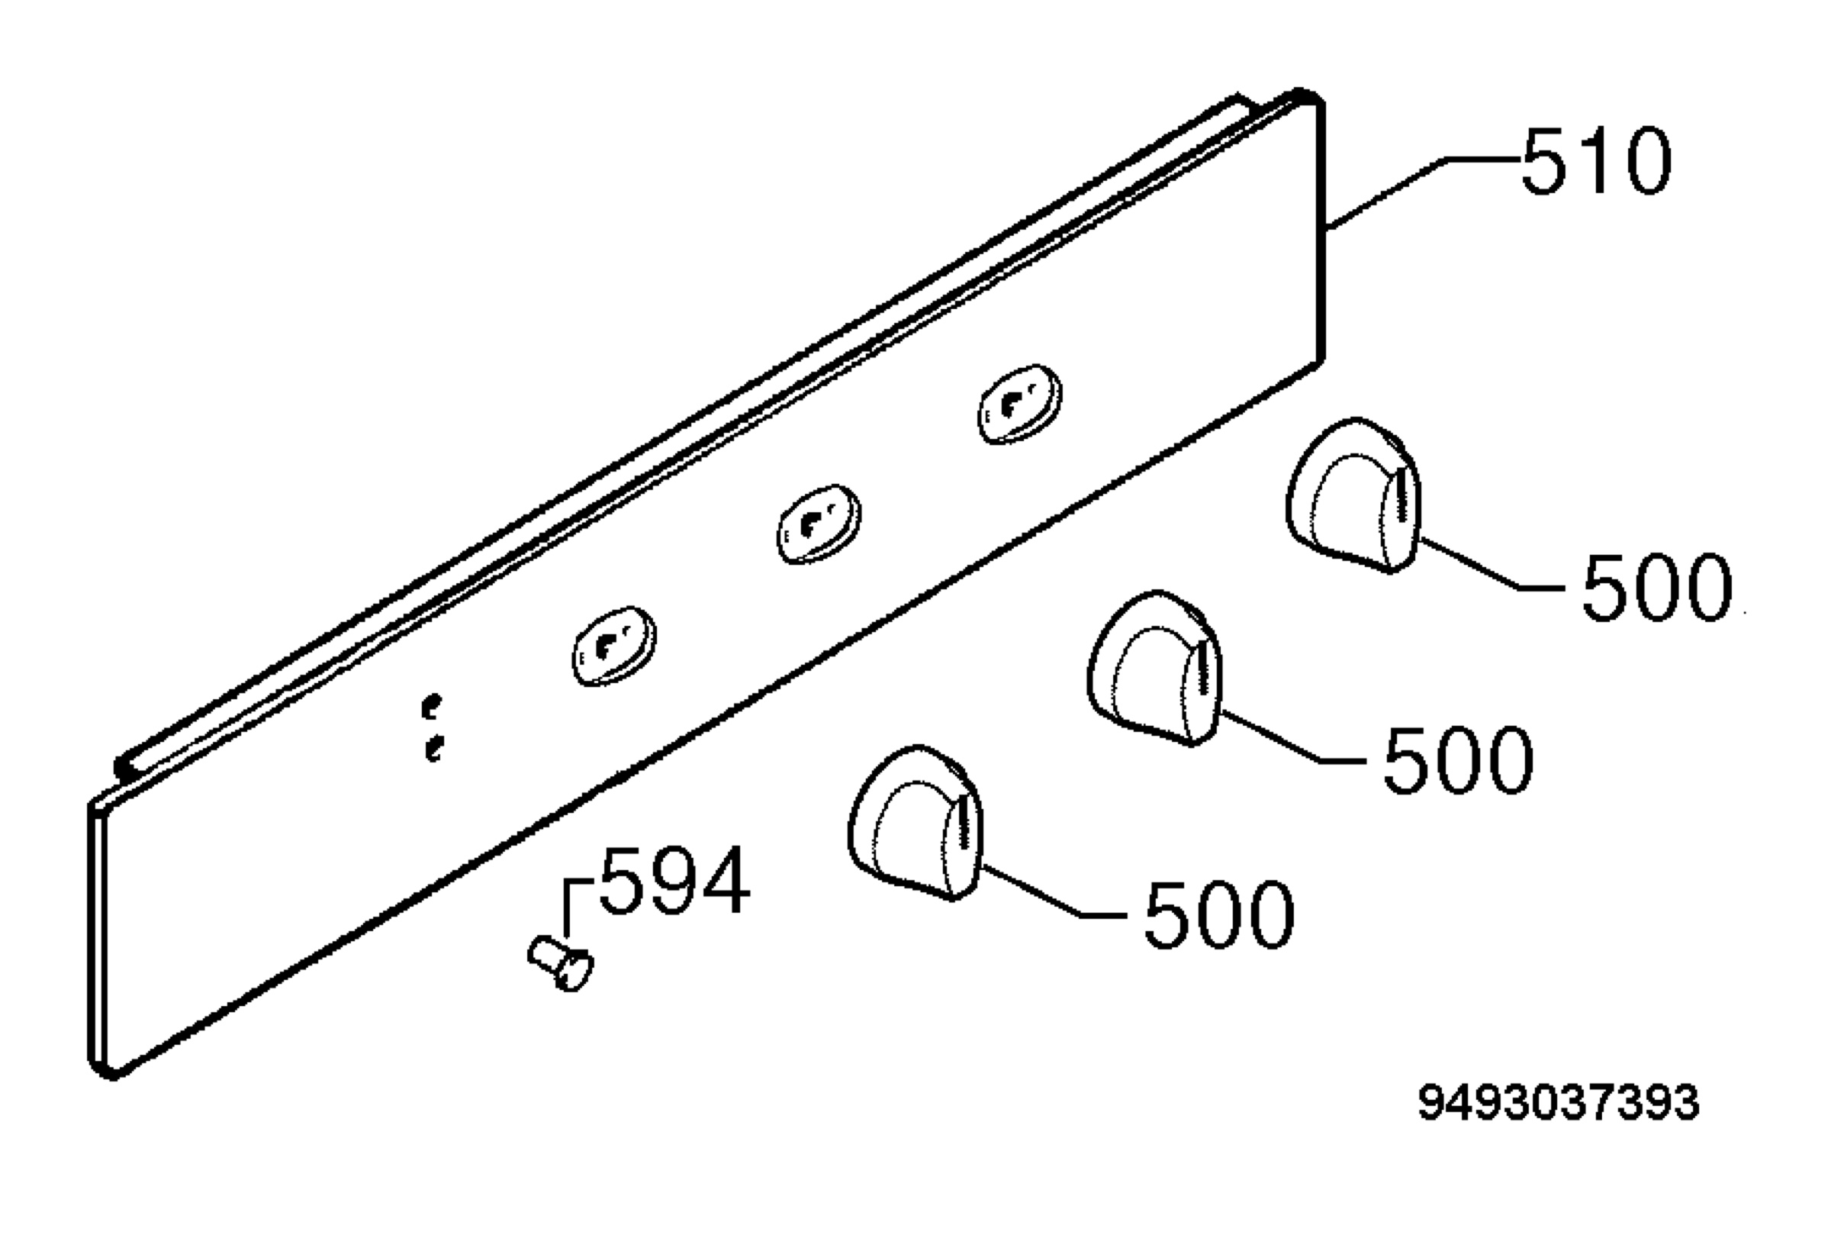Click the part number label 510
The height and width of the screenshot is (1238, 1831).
click(x=1595, y=161)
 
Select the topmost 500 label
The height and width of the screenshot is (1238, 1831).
click(x=1657, y=587)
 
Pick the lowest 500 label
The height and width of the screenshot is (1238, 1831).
click(x=1219, y=914)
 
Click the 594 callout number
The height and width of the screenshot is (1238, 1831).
click(x=675, y=880)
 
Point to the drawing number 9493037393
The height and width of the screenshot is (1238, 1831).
click(x=1559, y=1102)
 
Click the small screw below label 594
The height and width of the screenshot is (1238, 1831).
click(x=560, y=962)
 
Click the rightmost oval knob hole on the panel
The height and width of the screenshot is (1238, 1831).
click(x=1019, y=404)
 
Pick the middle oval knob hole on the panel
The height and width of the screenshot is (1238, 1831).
click(x=819, y=524)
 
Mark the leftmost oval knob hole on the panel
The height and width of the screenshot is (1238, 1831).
click(x=615, y=646)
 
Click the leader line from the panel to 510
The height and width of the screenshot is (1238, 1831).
click(x=1423, y=193)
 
